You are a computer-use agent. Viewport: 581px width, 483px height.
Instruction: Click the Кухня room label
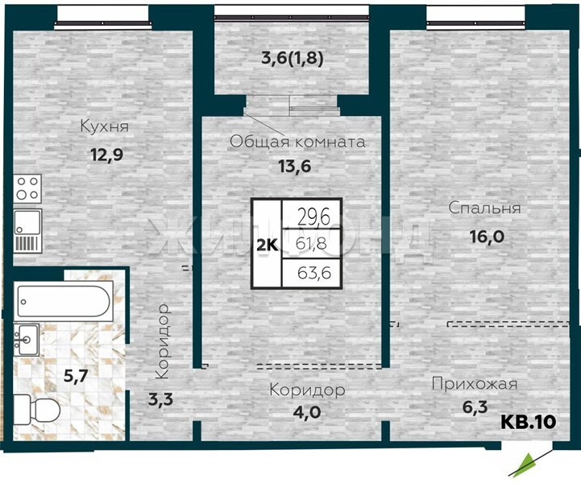[105, 126]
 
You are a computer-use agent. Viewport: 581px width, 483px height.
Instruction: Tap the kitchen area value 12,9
[106, 154]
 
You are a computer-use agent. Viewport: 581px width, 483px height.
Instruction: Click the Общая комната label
[297, 142]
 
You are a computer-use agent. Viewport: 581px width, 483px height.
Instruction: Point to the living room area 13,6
[295, 167]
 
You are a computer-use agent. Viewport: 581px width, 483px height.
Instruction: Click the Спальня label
[484, 208]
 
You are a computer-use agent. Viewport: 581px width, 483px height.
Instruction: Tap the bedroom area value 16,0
[487, 237]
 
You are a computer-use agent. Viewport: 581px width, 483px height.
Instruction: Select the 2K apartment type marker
[268, 246]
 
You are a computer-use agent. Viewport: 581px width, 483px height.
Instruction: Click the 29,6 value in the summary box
[313, 217]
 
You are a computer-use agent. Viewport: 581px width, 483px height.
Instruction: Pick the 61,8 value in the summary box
[311, 244]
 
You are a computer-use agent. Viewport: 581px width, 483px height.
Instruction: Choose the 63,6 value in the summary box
[314, 273]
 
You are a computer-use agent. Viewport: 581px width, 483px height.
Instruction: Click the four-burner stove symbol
[27, 188]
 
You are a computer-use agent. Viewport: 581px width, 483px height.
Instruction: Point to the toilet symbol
[36, 410]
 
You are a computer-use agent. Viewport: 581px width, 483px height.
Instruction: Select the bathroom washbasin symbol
[27, 340]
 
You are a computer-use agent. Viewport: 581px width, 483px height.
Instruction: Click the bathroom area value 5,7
[76, 377]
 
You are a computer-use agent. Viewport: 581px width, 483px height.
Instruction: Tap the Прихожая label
[475, 384]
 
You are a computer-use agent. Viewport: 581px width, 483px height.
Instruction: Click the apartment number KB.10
[529, 422]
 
